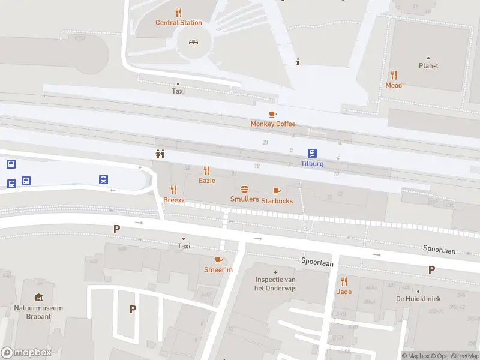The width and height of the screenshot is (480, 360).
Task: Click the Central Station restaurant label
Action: point(179,23)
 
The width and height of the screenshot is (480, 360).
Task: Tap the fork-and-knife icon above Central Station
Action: point(178,12)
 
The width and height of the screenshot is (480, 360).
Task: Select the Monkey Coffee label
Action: point(273,124)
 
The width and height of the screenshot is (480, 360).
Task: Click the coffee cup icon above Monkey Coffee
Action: point(272,113)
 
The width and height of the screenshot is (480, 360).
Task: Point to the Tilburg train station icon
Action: point(312,153)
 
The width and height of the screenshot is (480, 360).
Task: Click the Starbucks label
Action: point(277,201)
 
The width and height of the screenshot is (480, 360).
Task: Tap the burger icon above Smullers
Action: point(244,189)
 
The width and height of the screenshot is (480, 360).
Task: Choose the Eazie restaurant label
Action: point(207,181)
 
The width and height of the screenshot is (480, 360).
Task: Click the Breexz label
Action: point(174,200)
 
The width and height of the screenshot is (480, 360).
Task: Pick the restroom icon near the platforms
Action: point(160,154)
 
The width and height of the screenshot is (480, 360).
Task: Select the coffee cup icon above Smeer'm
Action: point(218,260)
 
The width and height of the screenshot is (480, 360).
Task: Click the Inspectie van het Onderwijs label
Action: point(276,284)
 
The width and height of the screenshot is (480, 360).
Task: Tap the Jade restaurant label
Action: point(344,292)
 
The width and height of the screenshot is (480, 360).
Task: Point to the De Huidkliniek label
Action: point(418,299)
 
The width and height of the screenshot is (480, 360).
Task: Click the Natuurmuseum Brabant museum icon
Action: point(38,298)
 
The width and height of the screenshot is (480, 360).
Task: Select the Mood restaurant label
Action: point(394,85)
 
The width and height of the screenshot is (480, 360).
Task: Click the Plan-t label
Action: point(428,66)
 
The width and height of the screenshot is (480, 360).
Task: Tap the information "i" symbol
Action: point(298,61)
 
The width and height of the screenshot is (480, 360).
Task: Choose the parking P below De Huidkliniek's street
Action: point(431,270)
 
